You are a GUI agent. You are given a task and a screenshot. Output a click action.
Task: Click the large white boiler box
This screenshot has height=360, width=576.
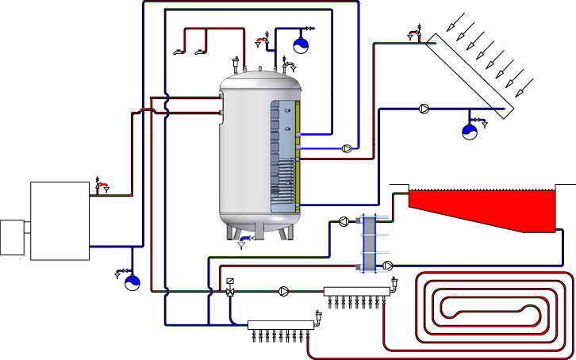coord(60,220)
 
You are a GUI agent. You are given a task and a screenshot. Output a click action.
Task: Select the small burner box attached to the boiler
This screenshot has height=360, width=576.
coord(13,236)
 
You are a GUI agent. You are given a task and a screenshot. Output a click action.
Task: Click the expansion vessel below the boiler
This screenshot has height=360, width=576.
coord(132,281)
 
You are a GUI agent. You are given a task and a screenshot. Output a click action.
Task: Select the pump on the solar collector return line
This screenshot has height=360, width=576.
coord(426,109)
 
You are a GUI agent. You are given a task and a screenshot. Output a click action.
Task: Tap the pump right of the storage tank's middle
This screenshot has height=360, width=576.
coord(347,147)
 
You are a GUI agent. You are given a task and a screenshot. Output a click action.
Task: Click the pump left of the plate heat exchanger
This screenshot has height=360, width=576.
coord(344,222)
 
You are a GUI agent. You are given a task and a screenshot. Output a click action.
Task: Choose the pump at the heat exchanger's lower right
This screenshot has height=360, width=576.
coord(389,265)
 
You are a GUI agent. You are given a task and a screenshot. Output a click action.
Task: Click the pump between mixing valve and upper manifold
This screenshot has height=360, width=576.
coord(284,291)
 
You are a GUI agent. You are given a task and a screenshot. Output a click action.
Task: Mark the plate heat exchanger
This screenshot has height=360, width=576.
coord(367,243)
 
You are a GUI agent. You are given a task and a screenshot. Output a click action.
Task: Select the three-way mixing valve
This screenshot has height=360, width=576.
coord(230,291)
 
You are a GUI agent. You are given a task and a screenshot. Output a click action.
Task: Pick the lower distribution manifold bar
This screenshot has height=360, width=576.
coord(282,324)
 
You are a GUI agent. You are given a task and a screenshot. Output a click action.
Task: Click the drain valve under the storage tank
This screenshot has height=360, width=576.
coord(244,240)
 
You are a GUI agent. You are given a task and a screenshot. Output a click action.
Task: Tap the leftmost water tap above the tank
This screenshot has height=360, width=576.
coord(179,52)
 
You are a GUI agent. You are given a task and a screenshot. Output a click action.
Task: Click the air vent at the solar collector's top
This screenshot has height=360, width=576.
coord(412,33)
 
